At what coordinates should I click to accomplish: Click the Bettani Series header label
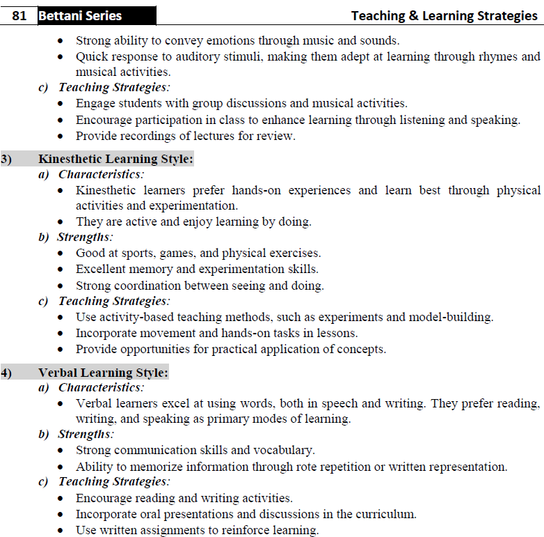pyautogui.click(x=80, y=15)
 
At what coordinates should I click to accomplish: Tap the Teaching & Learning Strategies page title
pyautogui.click(x=444, y=15)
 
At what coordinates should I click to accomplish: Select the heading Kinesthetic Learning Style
pyautogui.click(x=115, y=159)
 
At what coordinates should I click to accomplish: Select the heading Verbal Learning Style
pyautogui.click(x=103, y=373)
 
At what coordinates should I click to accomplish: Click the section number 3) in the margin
pyautogui.click(x=6, y=159)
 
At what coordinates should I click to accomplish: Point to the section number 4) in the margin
pyautogui.click(x=6, y=373)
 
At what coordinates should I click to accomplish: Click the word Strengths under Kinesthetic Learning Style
pyautogui.click(x=85, y=238)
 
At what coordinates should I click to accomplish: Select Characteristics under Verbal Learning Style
pyautogui.click(x=100, y=387)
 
